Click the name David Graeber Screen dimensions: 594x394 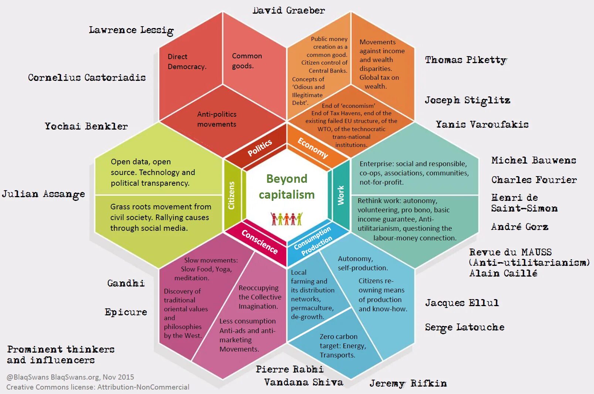click(x=289, y=10)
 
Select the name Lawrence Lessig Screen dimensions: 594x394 click(x=131, y=30)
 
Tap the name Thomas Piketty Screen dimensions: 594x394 click(x=466, y=60)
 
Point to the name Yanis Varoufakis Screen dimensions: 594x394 click(x=482, y=124)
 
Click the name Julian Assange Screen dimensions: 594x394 click(x=43, y=194)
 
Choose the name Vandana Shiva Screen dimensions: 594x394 click(x=303, y=382)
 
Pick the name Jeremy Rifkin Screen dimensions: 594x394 click(x=408, y=384)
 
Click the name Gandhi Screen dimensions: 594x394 click(x=126, y=283)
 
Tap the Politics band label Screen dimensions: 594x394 click(x=259, y=148)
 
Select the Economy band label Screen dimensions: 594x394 click(x=313, y=148)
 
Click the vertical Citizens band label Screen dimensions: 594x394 click(x=232, y=195)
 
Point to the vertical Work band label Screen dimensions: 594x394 click(x=341, y=195)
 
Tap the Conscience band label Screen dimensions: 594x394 click(x=259, y=242)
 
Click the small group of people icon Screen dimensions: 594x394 click(x=286, y=219)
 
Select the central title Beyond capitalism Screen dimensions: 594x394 click(x=286, y=186)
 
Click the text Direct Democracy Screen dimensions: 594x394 click(x=187, y=62)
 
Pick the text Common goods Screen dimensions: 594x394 click(x=247, y=61)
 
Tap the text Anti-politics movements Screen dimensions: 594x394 click(x=217, y=119)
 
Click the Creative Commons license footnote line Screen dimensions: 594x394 click(x=98, y=387)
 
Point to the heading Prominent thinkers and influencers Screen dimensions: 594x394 click(x=60, y=354)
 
